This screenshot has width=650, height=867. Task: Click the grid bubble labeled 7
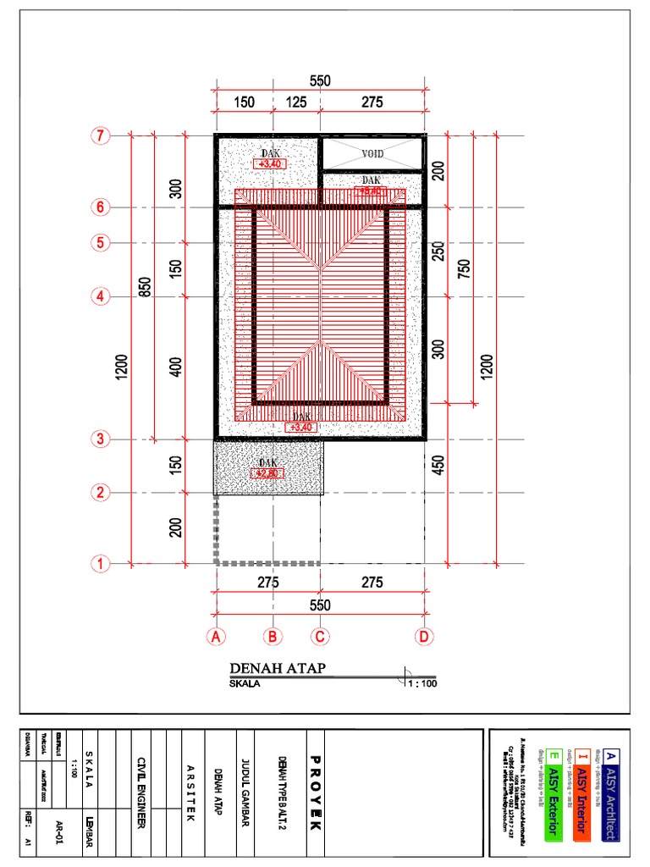pyautogui.click(x=101, y=136)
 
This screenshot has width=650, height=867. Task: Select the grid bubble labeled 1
pyautogui.click(x=101, y=563)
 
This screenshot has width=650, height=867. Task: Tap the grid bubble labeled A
pyautogui.click(x=216, y=636)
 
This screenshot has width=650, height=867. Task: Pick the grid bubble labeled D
pyautogui.click(x=424, y=636)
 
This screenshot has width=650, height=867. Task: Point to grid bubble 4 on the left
pyautogui.click(x=101, y=296)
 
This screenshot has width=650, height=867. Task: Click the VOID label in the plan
pyautogui.click(x=372, y=154)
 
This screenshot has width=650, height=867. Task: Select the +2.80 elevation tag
pyautogui.click(x=268, y=473)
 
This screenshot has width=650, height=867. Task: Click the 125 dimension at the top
pyautogui.click(x=295, y=102)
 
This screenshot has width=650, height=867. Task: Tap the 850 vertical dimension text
pyautogui.click(x=146, y=288)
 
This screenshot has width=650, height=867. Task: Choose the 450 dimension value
pyautogui.click(x=438, y=467)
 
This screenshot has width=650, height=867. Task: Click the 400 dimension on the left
pyautogui.click(x=176, y=367)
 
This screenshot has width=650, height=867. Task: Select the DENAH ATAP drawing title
pyautogui.click(x=278, y=670)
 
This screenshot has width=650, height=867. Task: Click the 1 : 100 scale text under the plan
pyautogui.click(x=422, y=683)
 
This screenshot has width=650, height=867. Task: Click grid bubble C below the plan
pyautogui.click(x=320, y=636)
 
